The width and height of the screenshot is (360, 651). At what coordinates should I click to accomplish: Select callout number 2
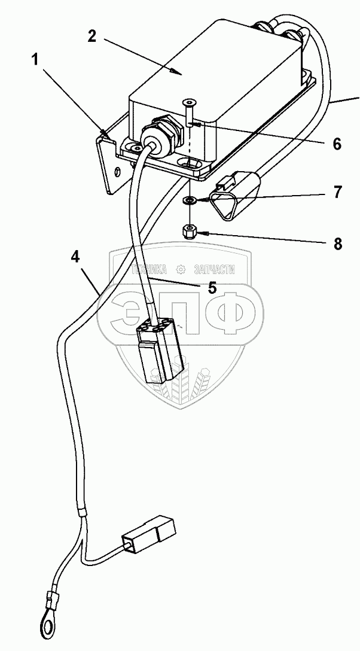pos(91,35)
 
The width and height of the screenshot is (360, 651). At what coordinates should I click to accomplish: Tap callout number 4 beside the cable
pos(75,257)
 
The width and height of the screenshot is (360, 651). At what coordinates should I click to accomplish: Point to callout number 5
pos(212,288)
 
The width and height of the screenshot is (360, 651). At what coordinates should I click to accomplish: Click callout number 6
pos(336,144)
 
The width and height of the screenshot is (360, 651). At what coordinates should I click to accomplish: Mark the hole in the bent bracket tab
pos(118,172)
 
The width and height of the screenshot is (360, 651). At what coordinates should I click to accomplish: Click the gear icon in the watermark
pos(181,269)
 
